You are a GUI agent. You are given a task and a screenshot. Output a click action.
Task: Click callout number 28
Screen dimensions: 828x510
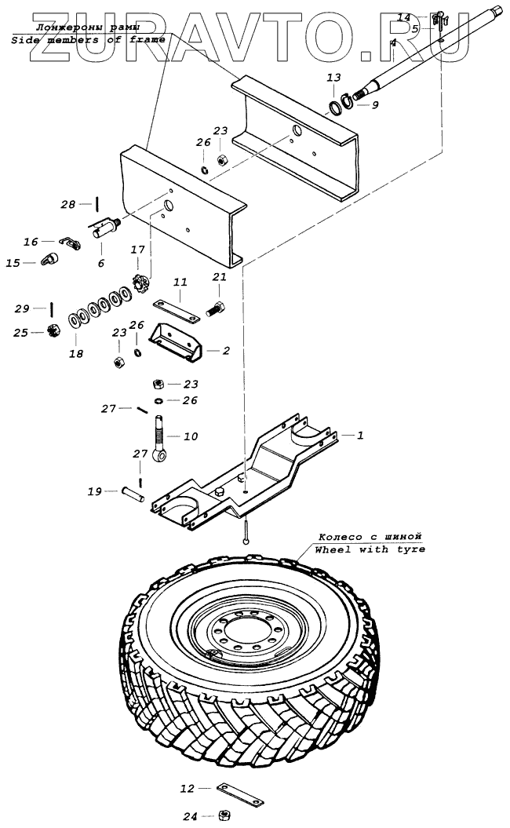pos(69,205)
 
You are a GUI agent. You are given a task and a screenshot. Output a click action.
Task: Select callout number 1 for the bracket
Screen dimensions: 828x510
pos(360,435)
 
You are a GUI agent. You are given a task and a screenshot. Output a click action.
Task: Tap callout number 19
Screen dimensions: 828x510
pos(95,492)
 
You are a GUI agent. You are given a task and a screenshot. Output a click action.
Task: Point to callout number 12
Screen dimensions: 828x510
pos(186,787)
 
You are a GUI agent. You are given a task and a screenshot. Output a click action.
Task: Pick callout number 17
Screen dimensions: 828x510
pos(138,250)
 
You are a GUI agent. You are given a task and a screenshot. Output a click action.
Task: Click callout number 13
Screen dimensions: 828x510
pos(334,78)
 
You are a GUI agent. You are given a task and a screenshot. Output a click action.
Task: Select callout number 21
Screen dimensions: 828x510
pos(220,277)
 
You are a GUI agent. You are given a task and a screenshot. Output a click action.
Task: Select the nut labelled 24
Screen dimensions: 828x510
pos(224,815)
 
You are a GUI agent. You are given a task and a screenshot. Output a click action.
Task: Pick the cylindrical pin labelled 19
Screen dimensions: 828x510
pos(133,496)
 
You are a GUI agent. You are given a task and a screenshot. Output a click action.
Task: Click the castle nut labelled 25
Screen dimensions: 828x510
pos(55,331)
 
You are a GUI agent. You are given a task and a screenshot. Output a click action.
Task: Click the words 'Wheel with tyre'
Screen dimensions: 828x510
pos(370,549)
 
